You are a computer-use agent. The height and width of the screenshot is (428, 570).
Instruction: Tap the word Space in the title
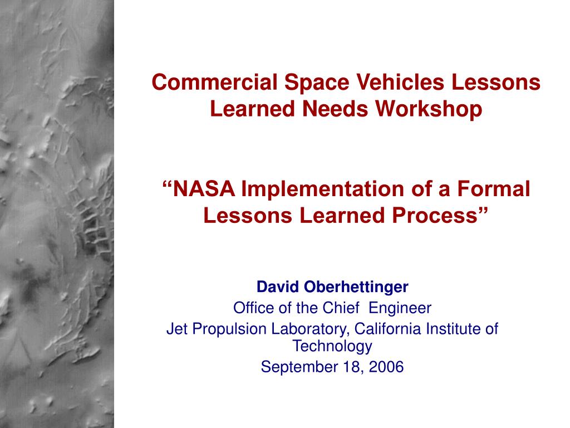coord(317,83)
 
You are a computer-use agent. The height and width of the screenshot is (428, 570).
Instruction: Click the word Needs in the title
coord(335,109)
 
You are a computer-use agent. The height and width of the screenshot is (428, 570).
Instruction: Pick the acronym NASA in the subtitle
coord(204,188)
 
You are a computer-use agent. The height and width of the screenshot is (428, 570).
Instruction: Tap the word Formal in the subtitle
coord(493,188)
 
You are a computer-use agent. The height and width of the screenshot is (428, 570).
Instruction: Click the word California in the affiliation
coord(388,329)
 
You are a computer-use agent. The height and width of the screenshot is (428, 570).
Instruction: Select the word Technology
coord(333,347)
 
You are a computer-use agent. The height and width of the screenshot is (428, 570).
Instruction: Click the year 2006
coord(386,367)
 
